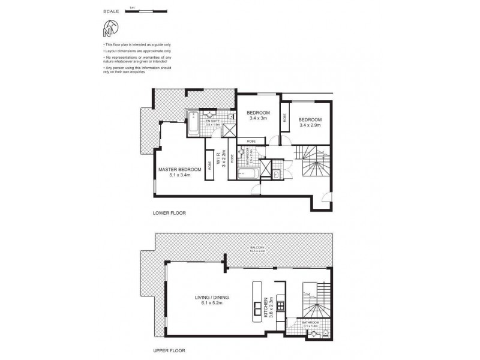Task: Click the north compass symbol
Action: coord(109,28)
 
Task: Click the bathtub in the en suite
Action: coord(193,124)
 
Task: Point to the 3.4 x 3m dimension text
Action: coord(258,119)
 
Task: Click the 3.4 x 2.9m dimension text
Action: coord(310,125)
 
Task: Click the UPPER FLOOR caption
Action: coord(169,350)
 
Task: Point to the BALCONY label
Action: coord(259,247)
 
